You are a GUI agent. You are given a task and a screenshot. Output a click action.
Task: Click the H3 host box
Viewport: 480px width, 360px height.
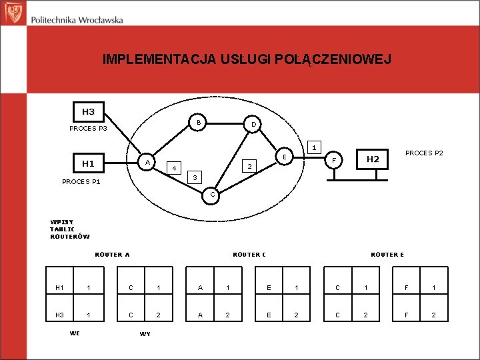tap(88, 112)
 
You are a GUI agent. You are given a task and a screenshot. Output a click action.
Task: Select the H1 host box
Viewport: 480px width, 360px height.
tap(88, 163)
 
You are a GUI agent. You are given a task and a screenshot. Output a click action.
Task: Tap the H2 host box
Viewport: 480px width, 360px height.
tap(373, 159)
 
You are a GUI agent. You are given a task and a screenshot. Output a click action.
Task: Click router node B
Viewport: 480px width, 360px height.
tap(199, 123)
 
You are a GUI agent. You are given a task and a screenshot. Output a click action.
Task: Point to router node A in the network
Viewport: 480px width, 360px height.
tap(148, 162)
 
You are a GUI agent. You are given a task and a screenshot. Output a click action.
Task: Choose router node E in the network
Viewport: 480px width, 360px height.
tap(284, 157)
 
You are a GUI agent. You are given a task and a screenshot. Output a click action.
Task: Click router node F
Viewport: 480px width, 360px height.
tap(335, 161)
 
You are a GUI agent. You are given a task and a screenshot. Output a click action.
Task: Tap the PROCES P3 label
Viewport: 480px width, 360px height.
tap(88, 128)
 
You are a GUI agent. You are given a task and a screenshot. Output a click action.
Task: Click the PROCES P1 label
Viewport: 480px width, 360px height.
tap(81, 181)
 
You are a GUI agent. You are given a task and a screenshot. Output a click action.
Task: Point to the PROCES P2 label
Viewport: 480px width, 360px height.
tap(424, 153)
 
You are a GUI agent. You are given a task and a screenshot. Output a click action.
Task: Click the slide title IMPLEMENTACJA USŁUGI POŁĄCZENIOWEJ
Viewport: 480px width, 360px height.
tap(247, 60)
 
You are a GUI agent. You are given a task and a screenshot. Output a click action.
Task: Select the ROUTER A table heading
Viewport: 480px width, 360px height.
tap(112, 254)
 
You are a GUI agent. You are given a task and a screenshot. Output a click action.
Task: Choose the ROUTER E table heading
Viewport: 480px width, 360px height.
tap(387, 254)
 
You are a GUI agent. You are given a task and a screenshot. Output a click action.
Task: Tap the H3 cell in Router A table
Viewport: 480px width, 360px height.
tap(59, 314)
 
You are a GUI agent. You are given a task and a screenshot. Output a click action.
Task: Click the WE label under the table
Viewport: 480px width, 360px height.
tap(75, 333)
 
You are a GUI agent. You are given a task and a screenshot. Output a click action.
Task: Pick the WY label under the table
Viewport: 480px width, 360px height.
tap(145, 333)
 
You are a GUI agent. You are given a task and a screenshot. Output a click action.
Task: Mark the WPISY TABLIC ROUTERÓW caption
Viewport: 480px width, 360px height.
tap(69, 229)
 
